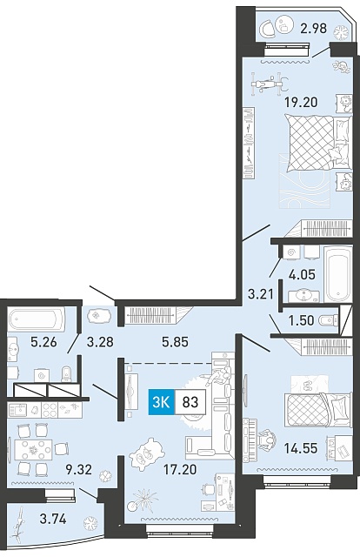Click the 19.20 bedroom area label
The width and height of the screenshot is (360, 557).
click(x=301, y=103)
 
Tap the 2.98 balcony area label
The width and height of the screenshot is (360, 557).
click(x=313, y=28)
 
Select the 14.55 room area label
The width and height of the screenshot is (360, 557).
click(x=300, y=448)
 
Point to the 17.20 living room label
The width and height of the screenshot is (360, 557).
click(x=180, y=470)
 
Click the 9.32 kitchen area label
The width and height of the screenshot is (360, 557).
click(x=78, y=470)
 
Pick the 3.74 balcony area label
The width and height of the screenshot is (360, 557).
click(x=53, y=520)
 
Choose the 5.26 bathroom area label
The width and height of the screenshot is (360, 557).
click(x=43, y=342)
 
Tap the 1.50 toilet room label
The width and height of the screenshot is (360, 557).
click(x=301, y=320)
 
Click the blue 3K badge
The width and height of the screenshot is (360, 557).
click(x=162, y=402)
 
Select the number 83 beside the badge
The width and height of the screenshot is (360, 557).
click(x=190, y=402)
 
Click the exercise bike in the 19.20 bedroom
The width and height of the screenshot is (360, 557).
click(x=269, y=84)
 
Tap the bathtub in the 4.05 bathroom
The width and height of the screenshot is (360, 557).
click(x=338, y=274)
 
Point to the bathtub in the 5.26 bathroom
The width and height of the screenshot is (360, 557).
click(x=37, y=319)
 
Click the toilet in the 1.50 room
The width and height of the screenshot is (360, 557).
click(x=329, y=320)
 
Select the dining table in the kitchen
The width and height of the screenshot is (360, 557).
click(x=34, y=450)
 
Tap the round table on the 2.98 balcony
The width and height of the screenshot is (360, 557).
click(x=284, y=25)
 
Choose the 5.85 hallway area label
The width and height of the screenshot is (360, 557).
click(x=175, y=342)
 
